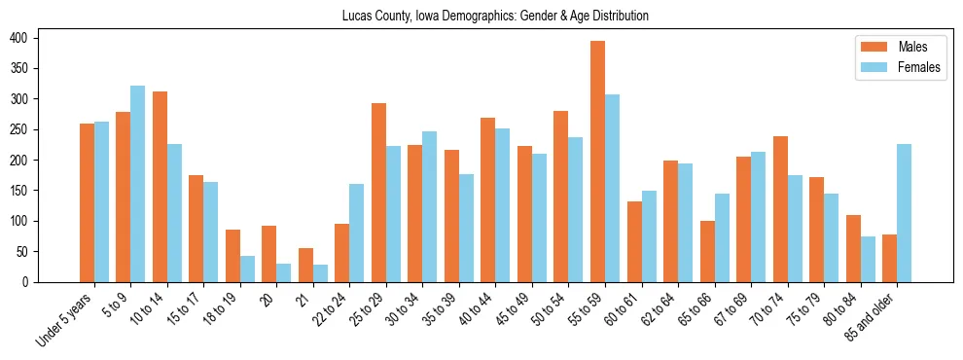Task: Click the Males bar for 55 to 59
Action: coord(597,162)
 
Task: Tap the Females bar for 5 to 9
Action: coord(137,184)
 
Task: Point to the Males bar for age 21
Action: coord(305,265)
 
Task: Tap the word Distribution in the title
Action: coord(616,17)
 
